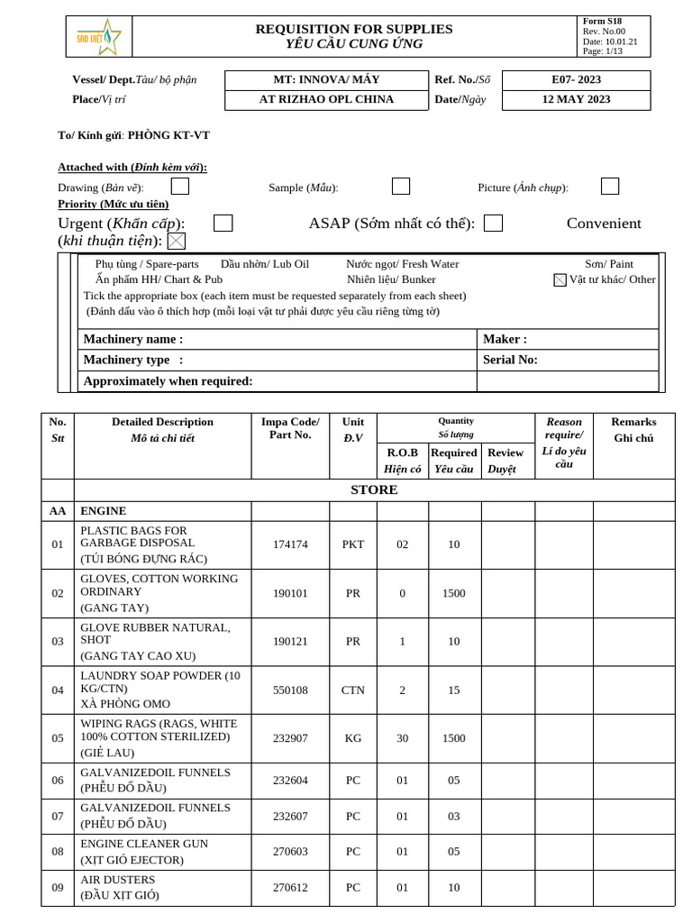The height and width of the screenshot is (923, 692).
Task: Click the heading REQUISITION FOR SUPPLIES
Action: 354,29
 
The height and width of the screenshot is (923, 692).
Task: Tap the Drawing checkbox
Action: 180,187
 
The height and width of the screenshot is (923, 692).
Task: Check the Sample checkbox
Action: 401,187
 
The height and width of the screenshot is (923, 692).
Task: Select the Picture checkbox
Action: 610,187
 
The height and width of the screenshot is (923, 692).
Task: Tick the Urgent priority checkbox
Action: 223,224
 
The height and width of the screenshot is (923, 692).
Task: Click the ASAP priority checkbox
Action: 493,224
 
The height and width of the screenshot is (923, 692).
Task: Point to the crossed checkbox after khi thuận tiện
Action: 177,241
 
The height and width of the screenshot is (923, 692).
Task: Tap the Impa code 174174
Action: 290,544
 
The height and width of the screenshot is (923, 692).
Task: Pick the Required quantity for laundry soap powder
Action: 453,690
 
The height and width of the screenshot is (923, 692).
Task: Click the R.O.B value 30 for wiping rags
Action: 402,738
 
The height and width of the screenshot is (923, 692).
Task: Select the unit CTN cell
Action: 352,690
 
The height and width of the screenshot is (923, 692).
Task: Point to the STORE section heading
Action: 373,490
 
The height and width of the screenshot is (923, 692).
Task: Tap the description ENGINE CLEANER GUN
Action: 144,844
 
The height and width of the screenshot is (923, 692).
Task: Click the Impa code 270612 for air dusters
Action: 290,887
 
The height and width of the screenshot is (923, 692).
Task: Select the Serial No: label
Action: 510,360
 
